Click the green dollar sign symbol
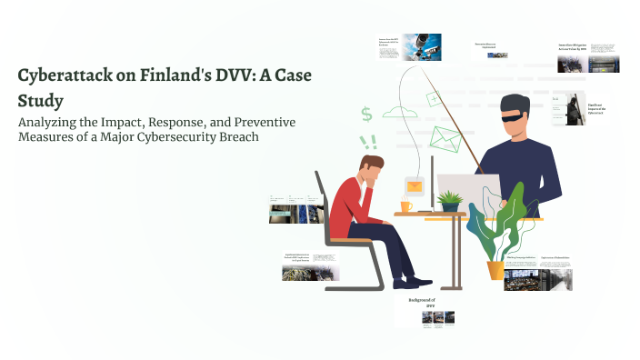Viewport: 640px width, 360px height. click(x=366, y=115)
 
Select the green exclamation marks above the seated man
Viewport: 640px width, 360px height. click(x=368, y=142)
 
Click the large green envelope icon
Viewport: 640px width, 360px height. click(x=447, y=139)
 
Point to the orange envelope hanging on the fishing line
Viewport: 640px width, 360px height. click(x=415, y=186)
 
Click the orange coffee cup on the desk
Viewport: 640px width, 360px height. click(x=405, y=206)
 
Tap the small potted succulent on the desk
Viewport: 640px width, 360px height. click(x=448, y=200)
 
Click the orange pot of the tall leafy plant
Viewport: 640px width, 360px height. click(x=495, y=270)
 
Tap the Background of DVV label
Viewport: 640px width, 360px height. click(x=421, y=303)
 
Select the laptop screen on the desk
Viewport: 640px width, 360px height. click(x=468, y=191)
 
